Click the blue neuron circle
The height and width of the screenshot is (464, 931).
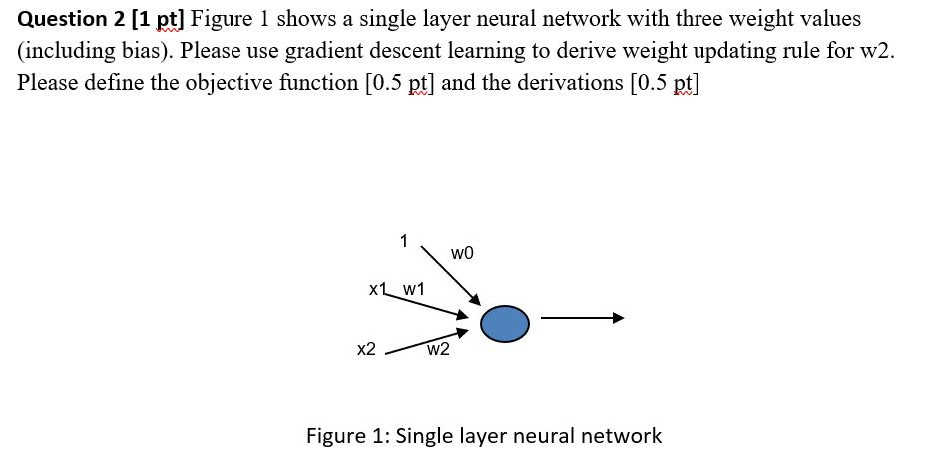(504, 323)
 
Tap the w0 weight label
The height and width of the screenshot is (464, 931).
(462, 254)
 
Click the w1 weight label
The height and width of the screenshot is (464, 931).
(413, 289)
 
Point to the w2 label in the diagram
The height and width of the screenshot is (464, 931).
(437, 350)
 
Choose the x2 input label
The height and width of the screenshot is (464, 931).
(366, 349)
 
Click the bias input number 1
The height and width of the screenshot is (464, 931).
(403, 240)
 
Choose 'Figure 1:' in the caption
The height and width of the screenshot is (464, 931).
(348, 436)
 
